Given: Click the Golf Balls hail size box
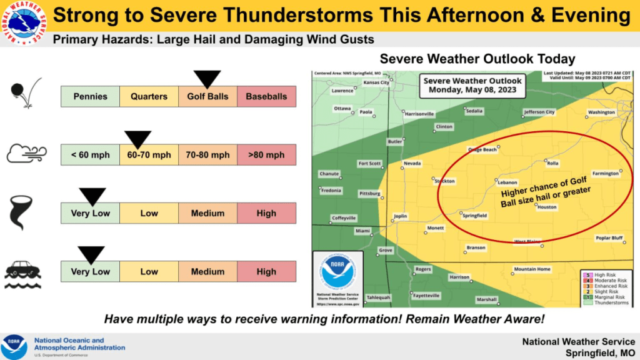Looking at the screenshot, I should (x=207, y=97).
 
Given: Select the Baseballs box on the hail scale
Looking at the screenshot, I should (x=266, y=97).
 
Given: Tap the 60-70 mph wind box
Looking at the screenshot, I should (x=149, y=155).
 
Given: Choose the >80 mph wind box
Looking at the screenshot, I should (x=266, y=155).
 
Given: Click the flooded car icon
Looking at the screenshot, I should (x=23, y=271).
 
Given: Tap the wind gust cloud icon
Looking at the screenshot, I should (x=23, y=153).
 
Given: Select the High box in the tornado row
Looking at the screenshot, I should (x=266, y=213).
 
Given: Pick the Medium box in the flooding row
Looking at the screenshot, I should (x=207, y=272).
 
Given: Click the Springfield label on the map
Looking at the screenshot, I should (x=474, y=216).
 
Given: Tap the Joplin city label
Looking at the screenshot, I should (x=400, y=216).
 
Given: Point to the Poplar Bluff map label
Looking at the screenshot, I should (x=609, y=237).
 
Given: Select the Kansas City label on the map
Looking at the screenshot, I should (x=376, y=82).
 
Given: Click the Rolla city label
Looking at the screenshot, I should (x=552, y=164).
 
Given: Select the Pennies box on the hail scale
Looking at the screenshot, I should (x=90, y=97).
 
